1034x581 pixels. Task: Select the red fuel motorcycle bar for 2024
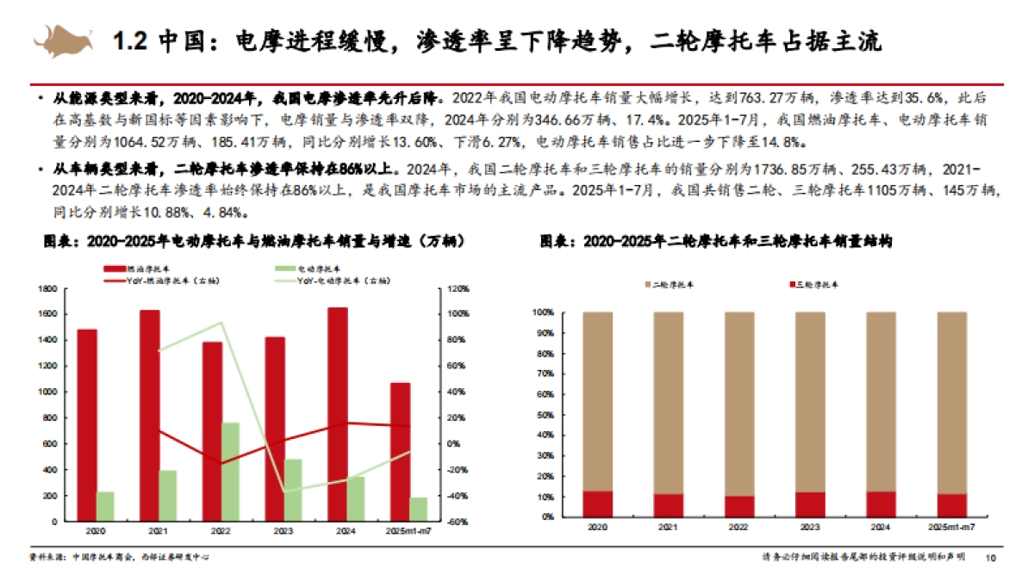click(x=339, y=414)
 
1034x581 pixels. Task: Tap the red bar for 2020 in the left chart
click(x=87, y=425)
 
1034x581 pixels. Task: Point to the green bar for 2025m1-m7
click(x=419, y=510)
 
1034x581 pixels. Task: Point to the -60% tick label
click(x=456, y=522)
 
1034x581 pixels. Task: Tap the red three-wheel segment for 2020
click(x=598, y=504)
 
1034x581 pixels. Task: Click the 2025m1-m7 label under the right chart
click(x=951, y=525)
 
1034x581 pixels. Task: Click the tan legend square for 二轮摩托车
click(x=648, y=283)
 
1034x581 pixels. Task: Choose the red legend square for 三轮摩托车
click(x=791, y=283)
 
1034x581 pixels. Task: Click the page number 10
click(x=991, y=558)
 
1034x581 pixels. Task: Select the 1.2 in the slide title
click(x=133, y=40)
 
